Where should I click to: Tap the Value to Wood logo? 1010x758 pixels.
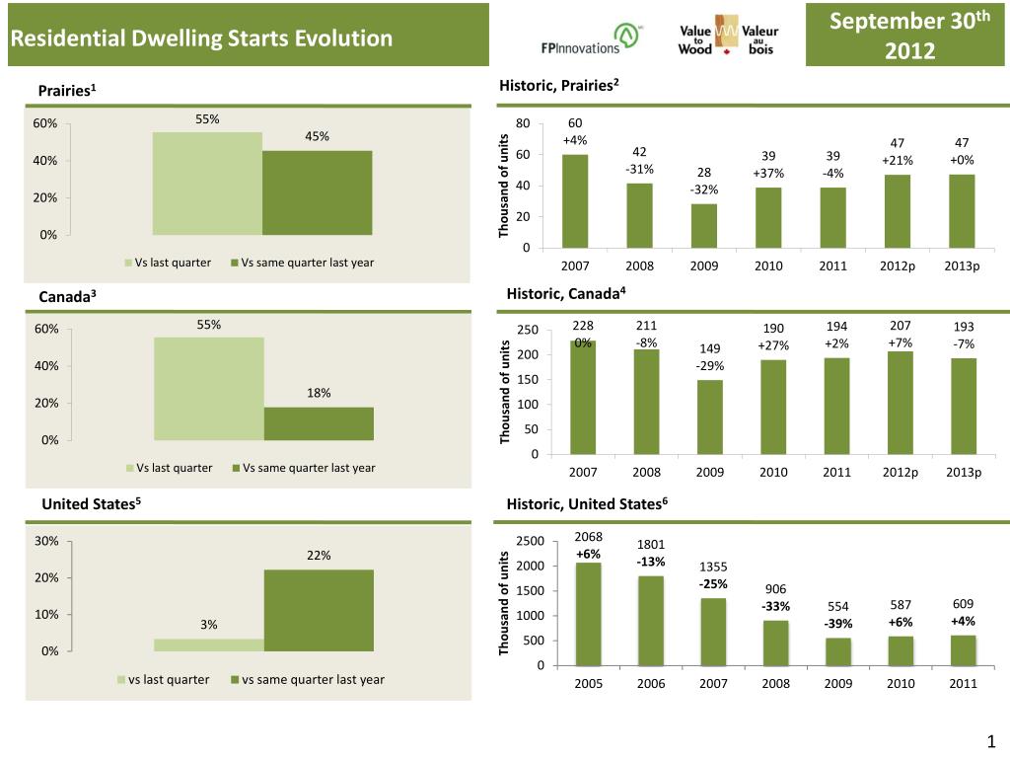[x=727, y=38]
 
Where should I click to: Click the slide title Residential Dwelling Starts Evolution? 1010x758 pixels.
[x=201, y=39]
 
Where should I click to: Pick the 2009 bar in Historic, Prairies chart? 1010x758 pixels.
[x=704, y=226]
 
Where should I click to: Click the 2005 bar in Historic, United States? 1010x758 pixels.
[x=589, y=614]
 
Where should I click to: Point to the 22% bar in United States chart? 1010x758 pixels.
[x=319, y=610]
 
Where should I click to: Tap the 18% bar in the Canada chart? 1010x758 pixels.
[x=319, y=423]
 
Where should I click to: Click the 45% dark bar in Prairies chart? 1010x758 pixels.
[x=317, y=192]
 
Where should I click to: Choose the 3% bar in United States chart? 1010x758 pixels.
[x=209, y=644]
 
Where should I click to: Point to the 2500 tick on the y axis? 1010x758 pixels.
[x=531, y=541]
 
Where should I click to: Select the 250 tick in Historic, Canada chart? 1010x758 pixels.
[x=528, y=331]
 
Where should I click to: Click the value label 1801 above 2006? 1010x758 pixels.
[x=651, y=544]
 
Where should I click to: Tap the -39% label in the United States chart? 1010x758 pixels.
[x=838, y=624]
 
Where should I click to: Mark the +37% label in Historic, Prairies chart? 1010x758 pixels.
[x=768, y=174]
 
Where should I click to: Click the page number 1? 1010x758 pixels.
[x=991, y=742]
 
